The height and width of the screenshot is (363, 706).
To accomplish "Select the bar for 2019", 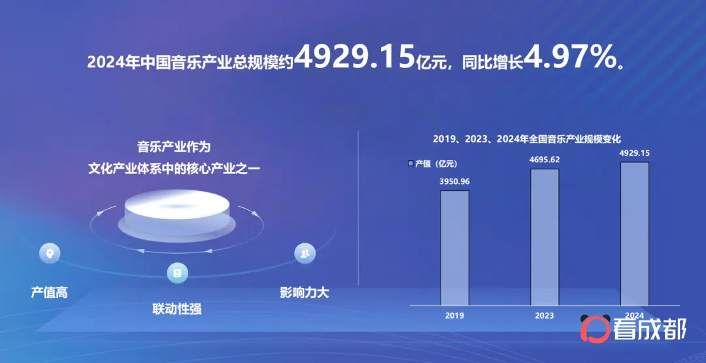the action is point(455,248).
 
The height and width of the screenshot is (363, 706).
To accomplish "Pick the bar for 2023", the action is point(545,237).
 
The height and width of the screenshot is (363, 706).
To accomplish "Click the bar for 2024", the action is point(635,233).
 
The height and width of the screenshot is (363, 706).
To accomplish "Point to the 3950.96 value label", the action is point(454,182).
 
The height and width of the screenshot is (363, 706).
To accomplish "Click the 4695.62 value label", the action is point(545,160).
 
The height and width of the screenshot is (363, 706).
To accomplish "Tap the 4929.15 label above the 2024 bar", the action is point(634,153).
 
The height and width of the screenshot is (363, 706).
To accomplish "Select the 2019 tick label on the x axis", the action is point(454,315).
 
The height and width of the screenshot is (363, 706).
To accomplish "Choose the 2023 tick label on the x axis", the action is point(545,315).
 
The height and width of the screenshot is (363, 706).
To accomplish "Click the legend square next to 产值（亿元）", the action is point(411,164).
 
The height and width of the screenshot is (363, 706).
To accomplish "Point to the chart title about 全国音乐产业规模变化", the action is point(527,139).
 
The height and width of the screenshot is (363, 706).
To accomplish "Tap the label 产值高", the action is point(50,293).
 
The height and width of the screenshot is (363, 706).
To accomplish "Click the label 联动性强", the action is point(177,309).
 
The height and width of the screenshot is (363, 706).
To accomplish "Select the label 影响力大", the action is point(305,293).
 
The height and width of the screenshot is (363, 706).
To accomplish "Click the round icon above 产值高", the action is point(50,252).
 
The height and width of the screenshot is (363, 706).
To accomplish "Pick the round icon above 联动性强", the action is point(177,273).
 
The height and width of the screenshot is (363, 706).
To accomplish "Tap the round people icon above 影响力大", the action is point(305,253).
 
